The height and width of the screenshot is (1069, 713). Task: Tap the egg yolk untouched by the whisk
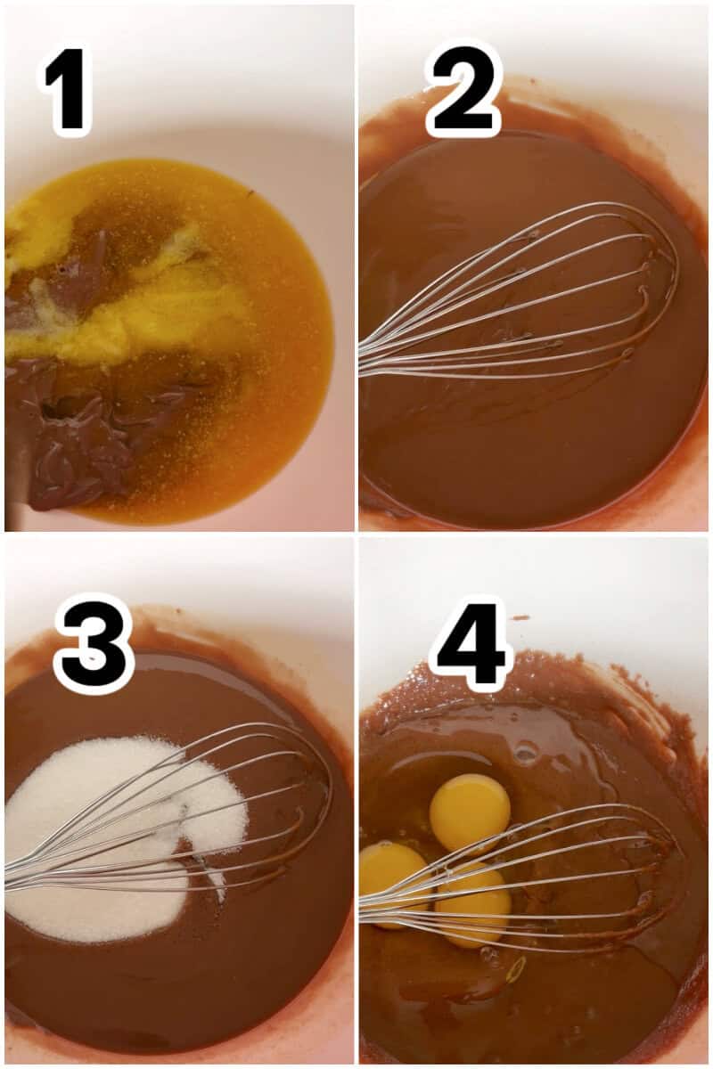pos(470,810)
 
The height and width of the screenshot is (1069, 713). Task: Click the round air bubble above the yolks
pos(526,754)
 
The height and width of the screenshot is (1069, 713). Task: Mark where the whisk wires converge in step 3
pos(13,877)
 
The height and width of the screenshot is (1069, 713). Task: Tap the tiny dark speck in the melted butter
pos(250,193)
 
